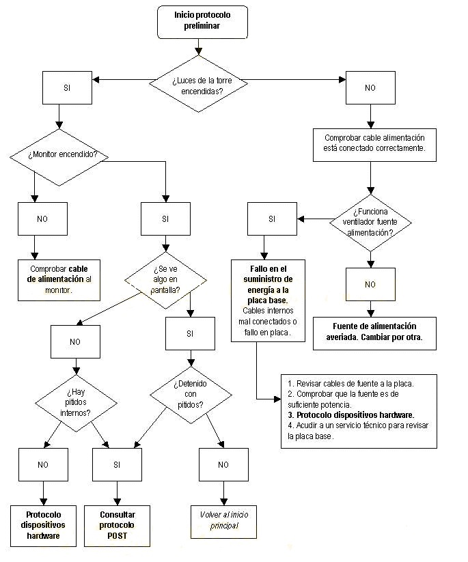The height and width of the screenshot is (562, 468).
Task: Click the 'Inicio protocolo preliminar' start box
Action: (x=203, y=22)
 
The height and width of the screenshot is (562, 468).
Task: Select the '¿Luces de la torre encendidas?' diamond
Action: (x=198, y=84)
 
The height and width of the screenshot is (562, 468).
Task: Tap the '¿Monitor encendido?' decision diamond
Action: (x=59, y=157)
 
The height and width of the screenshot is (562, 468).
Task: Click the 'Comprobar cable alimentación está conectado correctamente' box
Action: (x=375, y=145)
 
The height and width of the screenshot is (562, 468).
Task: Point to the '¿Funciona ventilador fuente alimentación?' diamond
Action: (x=370, y=223)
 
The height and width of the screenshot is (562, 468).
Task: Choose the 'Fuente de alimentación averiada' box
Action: (x=375, y=333)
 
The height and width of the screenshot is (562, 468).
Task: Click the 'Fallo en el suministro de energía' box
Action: (x=269, y=300)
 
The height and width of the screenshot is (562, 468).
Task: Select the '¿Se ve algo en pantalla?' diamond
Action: (x=166, y=280)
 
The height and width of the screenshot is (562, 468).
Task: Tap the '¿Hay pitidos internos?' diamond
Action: (x=76, y=403)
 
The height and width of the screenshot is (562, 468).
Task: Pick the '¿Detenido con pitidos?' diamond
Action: (x=191, y=395)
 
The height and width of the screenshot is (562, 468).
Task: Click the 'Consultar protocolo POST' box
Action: (x=118, y=526)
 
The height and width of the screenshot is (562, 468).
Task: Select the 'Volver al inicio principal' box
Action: (x=224, y=522)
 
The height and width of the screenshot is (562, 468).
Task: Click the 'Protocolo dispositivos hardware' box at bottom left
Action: (x=44, y=526)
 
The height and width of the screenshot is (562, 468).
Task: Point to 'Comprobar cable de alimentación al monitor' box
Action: (x=59, y=280)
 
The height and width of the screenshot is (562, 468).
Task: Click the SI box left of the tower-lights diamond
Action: (x=68, y=88)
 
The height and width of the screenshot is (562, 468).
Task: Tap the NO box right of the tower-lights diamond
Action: (x=370, y=88)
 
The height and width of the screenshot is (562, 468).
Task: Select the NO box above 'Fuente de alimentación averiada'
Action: (x=370, y=284)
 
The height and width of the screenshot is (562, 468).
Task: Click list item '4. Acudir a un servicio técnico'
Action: (x=358, y=431)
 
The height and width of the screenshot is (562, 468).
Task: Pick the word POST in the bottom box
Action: (x=118, y=536)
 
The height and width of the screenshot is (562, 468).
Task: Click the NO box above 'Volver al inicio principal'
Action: (x=224, y=464)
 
